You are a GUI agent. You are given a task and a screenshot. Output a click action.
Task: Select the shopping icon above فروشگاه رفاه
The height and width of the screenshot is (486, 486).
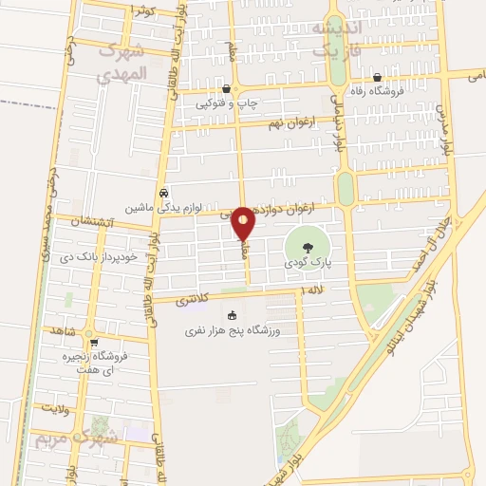pyautogui.click(x=378, y=78)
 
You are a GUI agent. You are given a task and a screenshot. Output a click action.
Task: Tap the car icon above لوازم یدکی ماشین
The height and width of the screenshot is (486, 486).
pyautogui.click(x=163, y=191)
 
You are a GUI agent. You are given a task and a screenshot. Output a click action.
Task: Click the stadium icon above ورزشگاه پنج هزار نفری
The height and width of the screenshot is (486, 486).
pyautogui.click(x=230, y=316)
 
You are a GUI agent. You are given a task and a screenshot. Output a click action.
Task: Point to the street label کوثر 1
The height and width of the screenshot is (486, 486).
pyautogui.click(x=141, y=9)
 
